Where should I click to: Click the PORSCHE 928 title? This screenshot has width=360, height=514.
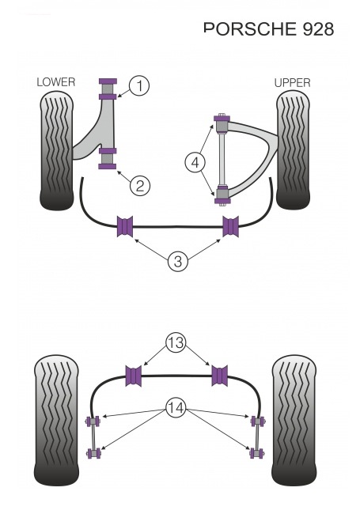point(268,29)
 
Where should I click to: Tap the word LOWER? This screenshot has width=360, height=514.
point(56,82)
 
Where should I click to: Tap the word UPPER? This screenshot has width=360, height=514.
point(292,83)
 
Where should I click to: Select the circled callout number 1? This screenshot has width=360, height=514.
point(139,86)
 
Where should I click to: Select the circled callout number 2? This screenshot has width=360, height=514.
point(140,186)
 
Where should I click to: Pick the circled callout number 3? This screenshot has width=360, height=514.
point(178,262)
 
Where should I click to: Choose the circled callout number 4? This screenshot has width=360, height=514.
point(195,163)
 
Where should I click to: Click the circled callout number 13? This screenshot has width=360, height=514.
point(176,343)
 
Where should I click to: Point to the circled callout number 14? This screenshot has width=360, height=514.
point(176,408)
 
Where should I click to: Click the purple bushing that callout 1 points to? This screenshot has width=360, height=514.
point(108,89)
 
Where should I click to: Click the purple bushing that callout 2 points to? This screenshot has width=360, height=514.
point(108,159)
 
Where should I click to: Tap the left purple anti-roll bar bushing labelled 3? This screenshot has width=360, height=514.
point(125,226)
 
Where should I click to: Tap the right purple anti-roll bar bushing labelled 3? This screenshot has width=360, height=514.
point(230,226)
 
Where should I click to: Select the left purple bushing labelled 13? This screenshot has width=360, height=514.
point(134,376)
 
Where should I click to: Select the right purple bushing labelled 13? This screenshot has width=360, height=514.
point(220,376)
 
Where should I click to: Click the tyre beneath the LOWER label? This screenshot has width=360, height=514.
point(56,151)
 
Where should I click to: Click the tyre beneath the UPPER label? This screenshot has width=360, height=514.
point(293,150)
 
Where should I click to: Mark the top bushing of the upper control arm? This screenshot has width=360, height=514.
point(222,122)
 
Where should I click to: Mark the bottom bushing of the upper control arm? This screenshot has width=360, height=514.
point(222,195)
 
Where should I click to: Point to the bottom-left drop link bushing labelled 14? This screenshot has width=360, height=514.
point(93,453)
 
